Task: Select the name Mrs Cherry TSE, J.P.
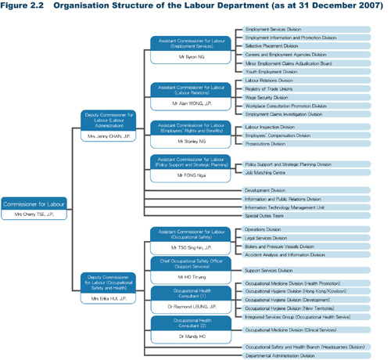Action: [x=31, y=214]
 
